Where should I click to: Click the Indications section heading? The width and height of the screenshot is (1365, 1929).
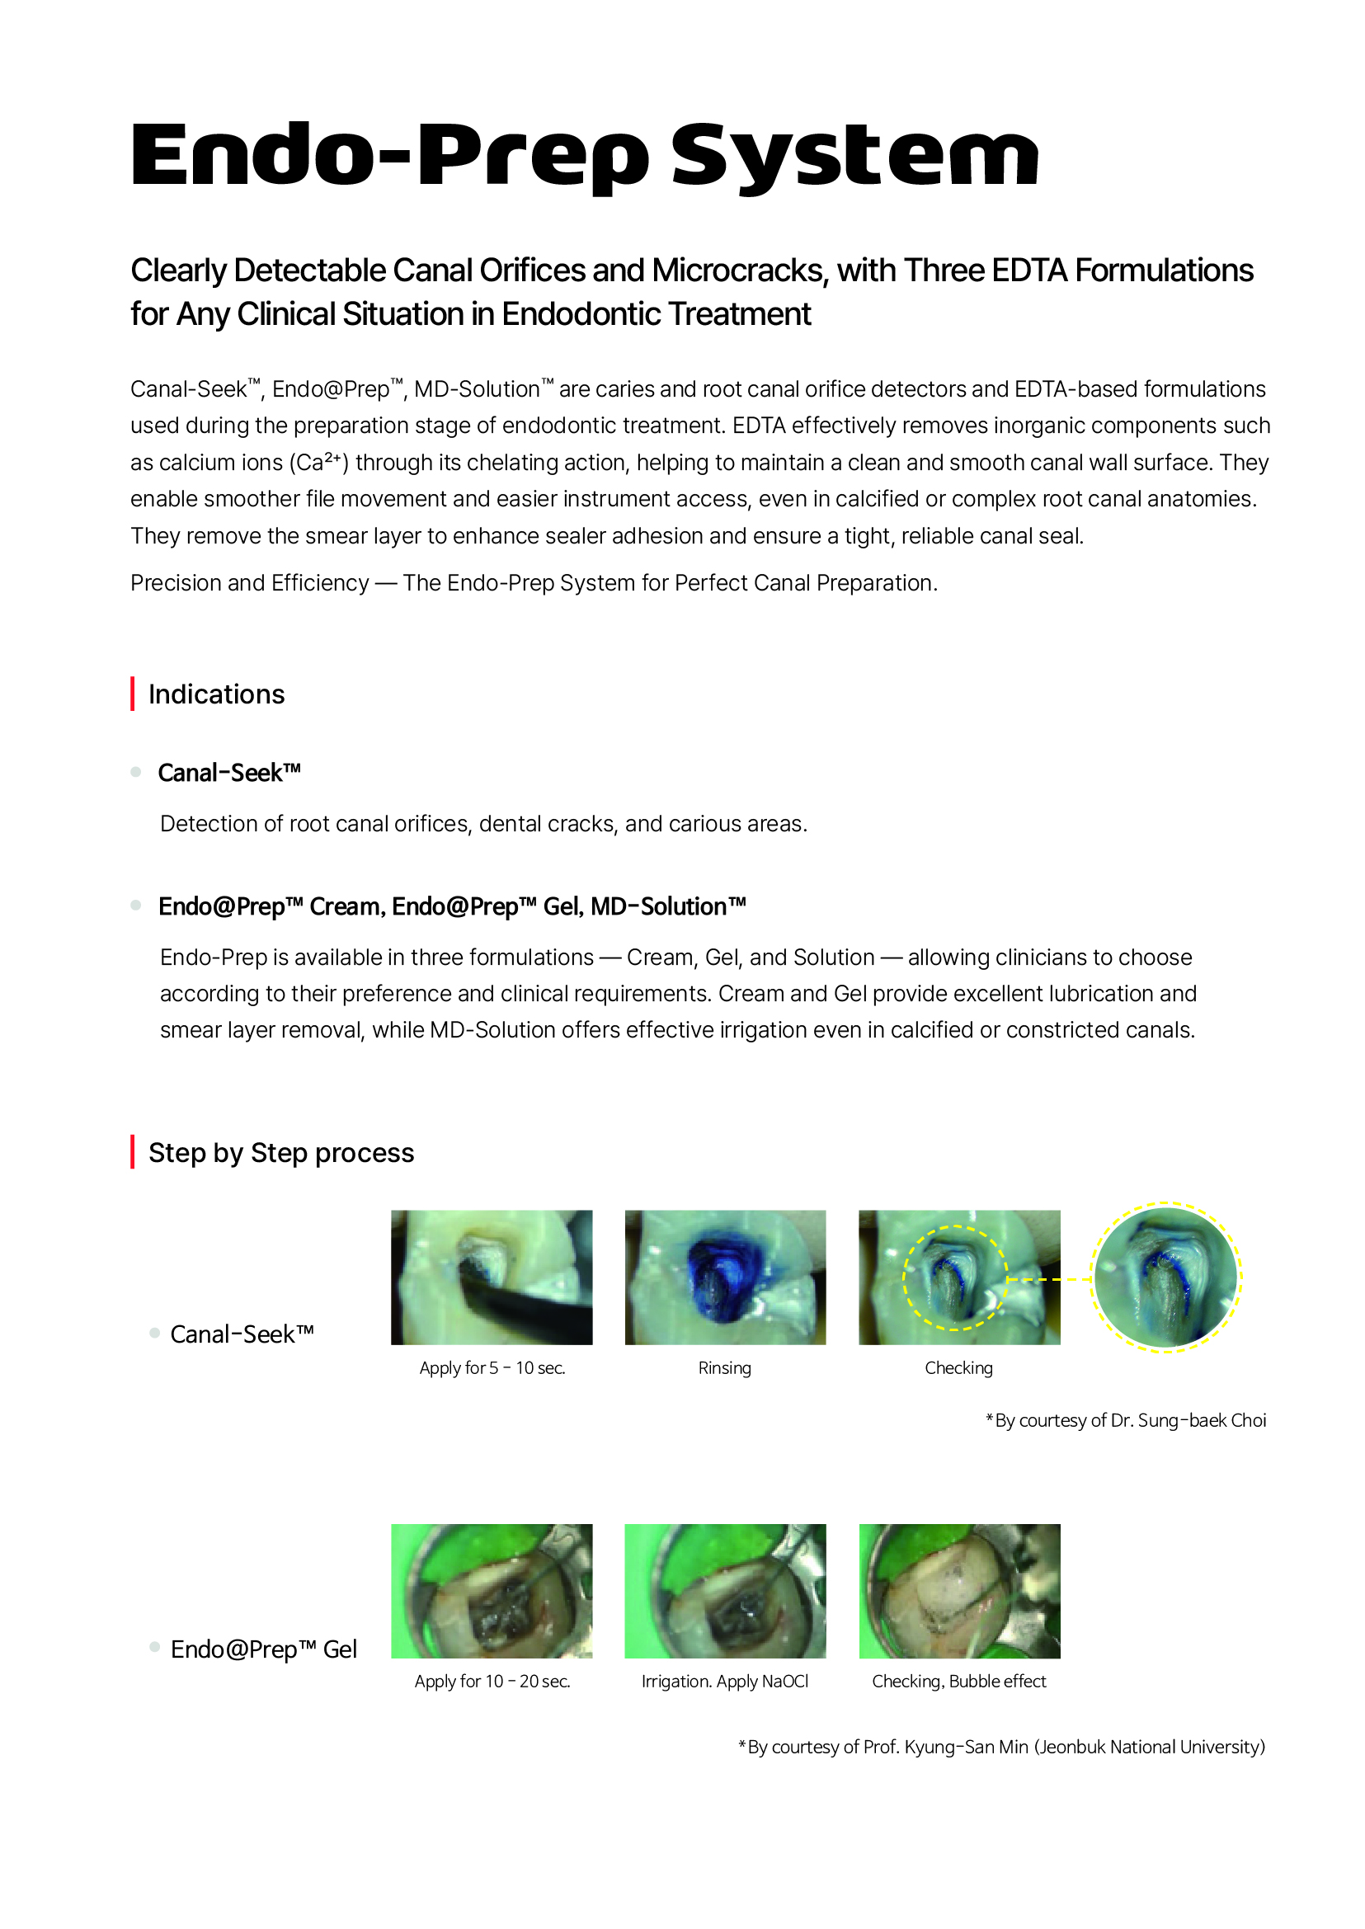216,694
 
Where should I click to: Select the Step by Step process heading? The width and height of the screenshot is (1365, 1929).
280,1152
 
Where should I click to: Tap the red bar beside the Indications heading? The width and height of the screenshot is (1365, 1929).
133,694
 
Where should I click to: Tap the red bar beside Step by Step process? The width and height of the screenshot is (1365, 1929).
133,1151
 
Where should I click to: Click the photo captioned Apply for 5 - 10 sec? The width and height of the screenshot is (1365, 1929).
492,1277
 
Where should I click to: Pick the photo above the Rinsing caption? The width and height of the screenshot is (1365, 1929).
724,1277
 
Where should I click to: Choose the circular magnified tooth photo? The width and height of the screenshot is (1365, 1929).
1165,1277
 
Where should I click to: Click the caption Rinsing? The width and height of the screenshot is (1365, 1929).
724,1367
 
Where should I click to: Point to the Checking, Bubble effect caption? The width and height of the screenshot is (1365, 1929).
959,1681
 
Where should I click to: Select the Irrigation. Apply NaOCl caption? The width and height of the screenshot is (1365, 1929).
724,1681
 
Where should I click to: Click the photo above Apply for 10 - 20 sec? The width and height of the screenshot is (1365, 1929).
492,1590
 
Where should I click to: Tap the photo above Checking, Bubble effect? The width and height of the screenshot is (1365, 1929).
959,1590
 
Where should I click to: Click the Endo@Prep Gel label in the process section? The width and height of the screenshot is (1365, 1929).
263,1649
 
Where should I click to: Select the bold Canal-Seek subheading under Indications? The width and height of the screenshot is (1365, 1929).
228,773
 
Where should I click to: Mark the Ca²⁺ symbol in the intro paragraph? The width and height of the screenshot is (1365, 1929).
318,463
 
